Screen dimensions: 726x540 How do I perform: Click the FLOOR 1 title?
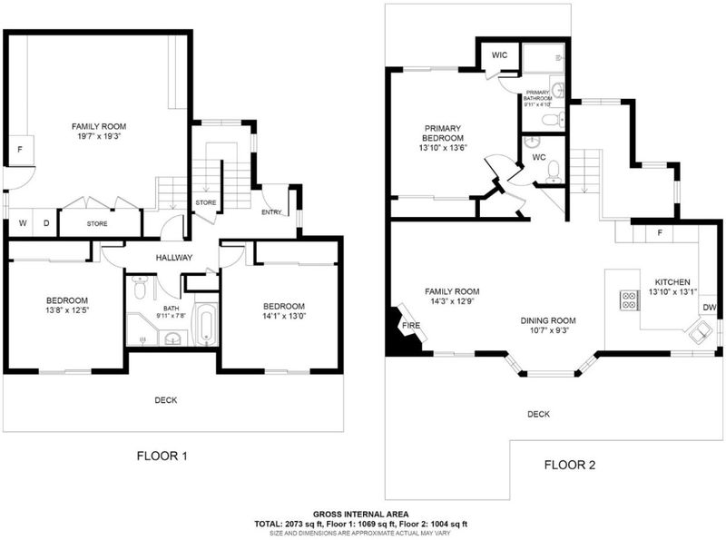(x=162, y=457)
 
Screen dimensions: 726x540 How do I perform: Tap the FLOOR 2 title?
(x=570, y=465)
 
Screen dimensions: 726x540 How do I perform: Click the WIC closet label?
(x=499, y=55)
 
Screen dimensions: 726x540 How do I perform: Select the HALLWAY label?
(x=174, y=258)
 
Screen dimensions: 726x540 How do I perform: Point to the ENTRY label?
(x=271, y=212)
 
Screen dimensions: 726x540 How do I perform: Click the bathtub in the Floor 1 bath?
(x=206, y=324)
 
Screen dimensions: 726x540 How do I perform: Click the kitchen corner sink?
(x=701, y=332)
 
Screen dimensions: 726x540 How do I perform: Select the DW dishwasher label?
(x=710, y=308)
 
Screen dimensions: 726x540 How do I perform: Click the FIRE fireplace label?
(x=411, y=325)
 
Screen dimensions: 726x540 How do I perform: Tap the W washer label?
(x=23, y=223)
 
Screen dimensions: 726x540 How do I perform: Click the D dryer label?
(x=46, y=223)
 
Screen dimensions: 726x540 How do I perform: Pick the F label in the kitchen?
(x=660, y=232)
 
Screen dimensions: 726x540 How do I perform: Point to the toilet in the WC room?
(x=553, y=172)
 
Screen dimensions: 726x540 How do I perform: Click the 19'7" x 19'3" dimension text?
(x=99, y=136)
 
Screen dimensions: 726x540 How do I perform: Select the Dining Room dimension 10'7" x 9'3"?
(x=548, y=330)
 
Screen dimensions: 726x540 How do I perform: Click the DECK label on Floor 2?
(x=538, y=414)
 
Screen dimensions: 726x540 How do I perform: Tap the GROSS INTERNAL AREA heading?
(x=360, y=514)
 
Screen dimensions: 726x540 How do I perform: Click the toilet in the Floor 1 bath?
(x=140, y=288)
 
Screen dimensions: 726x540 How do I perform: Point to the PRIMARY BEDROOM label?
(x=443, y=133)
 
